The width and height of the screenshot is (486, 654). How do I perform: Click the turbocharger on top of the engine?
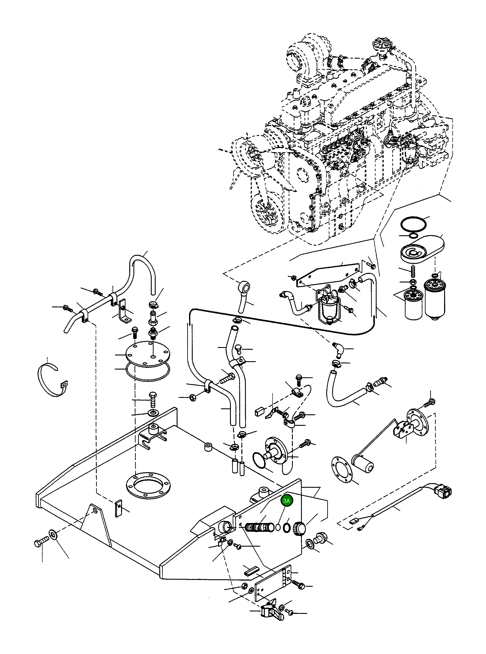tap(303, 59)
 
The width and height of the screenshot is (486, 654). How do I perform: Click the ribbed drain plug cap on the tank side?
tap(299, 528)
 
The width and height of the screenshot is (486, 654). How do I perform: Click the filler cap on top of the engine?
tap(381, 44)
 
